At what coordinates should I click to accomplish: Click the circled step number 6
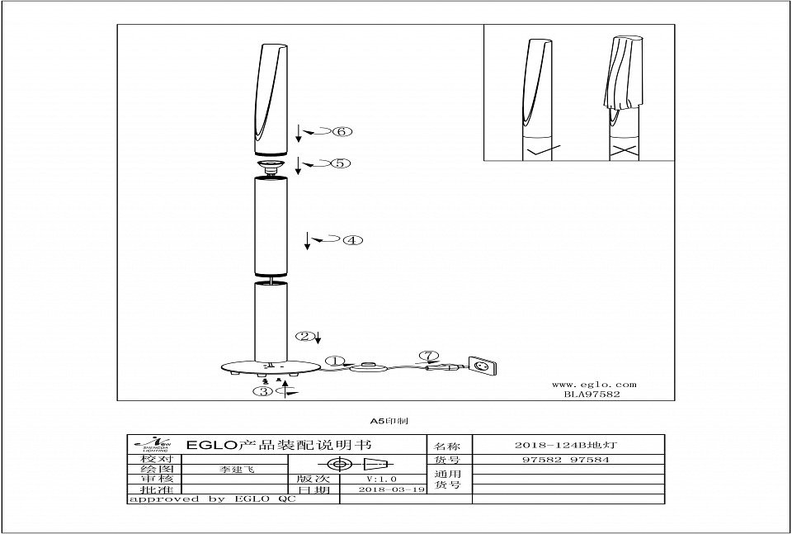tap(343, 131)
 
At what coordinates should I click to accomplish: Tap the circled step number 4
tap(352, 241)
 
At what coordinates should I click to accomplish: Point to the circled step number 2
tap(306, 336)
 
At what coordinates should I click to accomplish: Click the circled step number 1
tap(334, 361)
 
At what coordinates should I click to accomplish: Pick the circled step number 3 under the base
tap(264, 391)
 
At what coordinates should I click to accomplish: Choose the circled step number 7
tap(426, 357)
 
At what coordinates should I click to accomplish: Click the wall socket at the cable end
tap(482, 365)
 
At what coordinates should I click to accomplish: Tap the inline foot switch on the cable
tap(368, 369)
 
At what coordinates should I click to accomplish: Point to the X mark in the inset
tap(625, 152)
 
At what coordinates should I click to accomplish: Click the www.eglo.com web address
tap(593, 384)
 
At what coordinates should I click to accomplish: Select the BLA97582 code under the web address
tap(592, 395)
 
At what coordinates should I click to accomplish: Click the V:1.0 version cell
tap(381, 479)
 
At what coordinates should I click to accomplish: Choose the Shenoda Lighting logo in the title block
tap(151, 444)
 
